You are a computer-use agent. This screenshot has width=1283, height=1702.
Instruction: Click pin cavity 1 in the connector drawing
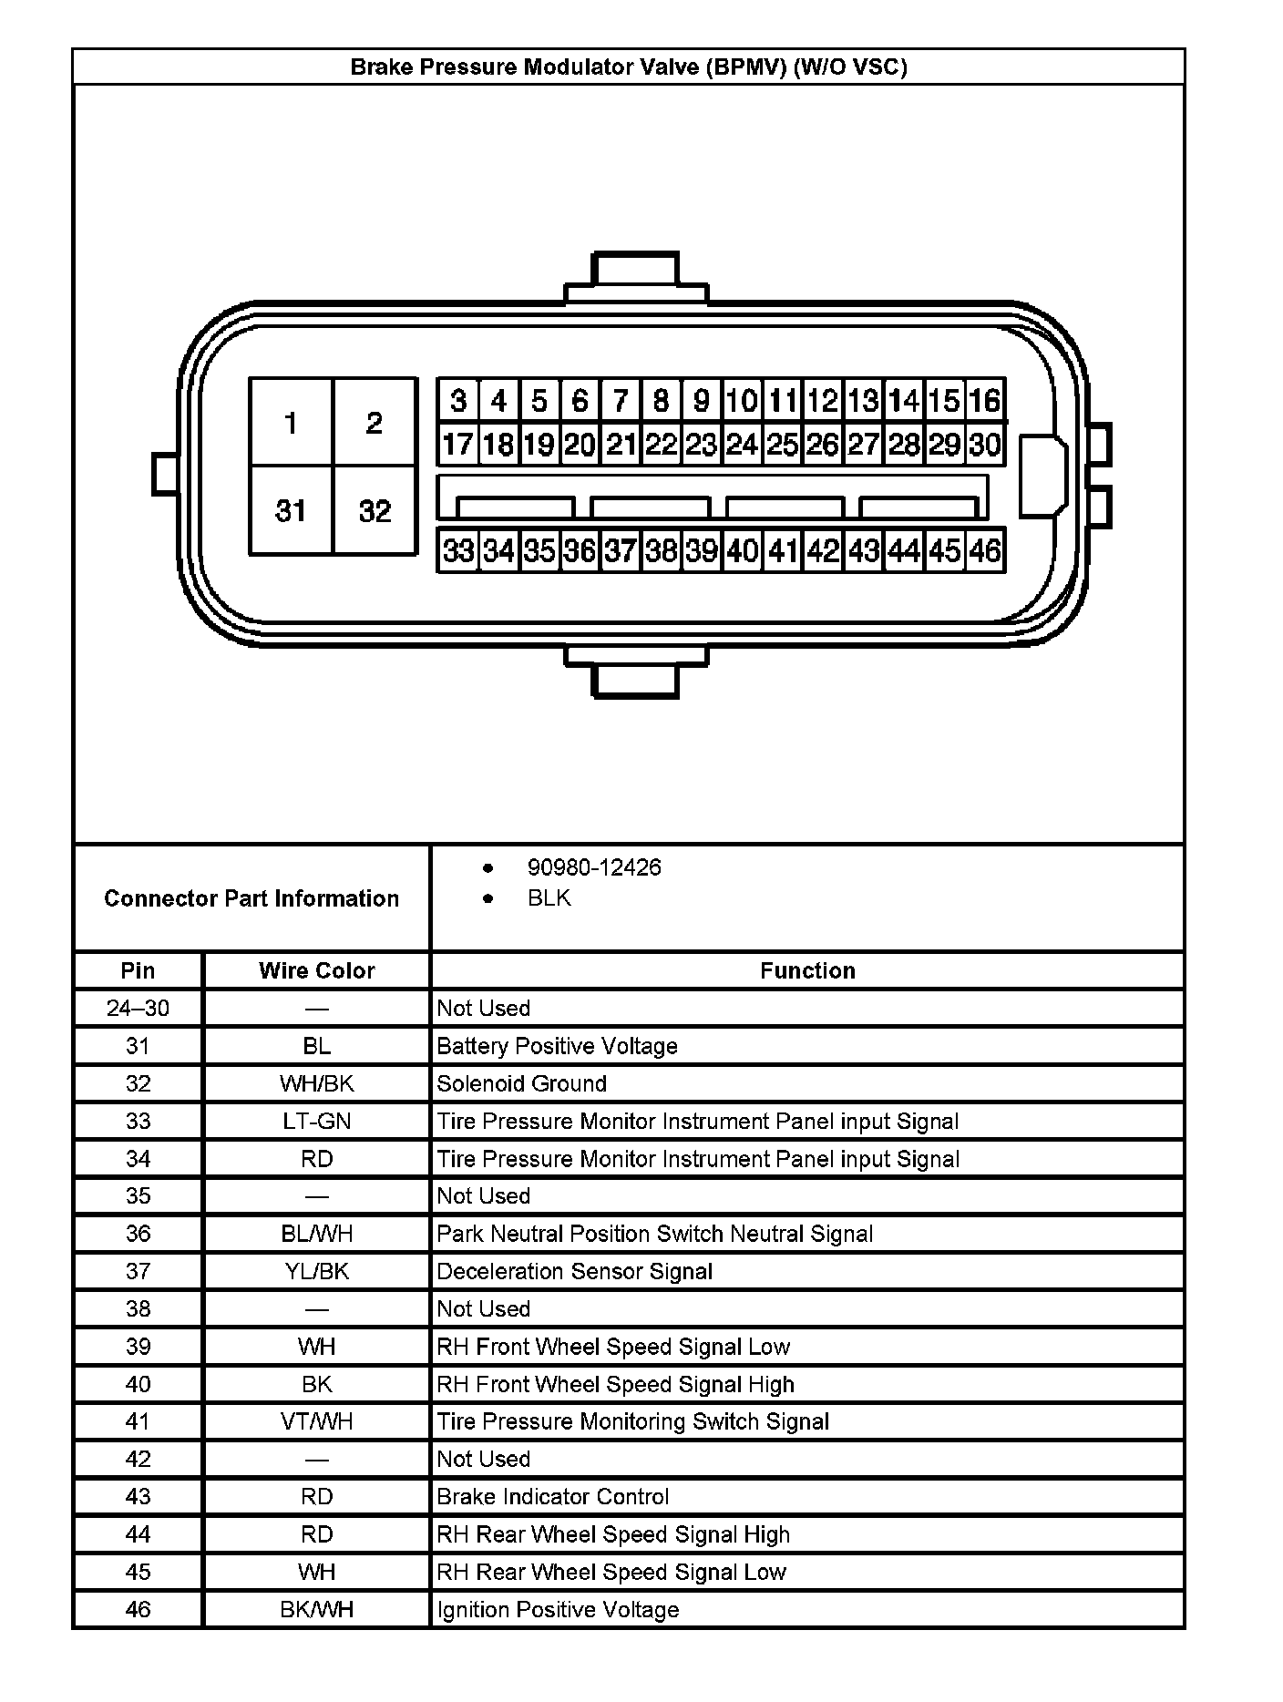coord(291,423)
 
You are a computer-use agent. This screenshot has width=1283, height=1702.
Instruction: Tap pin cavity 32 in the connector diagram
coord(375,510)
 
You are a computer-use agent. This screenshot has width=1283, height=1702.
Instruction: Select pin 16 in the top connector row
coord(985,400)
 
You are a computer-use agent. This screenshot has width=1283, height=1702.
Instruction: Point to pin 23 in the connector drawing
coord(701,445)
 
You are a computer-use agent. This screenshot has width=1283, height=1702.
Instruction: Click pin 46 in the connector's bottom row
coord(985,550)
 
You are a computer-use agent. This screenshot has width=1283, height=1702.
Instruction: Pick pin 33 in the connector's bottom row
coord(457,550)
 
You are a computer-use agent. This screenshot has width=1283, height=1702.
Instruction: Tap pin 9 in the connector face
coord(701,400)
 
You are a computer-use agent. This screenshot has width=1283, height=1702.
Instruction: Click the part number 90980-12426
coord(594,866)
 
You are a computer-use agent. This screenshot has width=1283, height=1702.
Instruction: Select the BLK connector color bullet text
coord(549,897)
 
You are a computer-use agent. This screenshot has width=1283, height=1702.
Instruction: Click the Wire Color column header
coord(316,970)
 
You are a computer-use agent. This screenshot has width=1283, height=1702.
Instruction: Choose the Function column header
coord(807,970)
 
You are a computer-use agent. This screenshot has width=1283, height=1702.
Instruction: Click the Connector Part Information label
coord(251,898)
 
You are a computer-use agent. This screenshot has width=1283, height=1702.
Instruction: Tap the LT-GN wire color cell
coord(316,1121)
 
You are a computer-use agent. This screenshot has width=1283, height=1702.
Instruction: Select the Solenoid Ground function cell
coord(521,1083)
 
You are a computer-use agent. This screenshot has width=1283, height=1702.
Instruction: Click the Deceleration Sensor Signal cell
coord(574,1271)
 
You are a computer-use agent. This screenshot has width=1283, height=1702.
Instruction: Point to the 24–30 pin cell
coord(138,1008)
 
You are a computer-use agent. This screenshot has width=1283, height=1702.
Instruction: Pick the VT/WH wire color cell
coord(316,1421)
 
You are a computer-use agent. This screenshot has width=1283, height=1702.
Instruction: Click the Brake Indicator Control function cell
coord(552,1497)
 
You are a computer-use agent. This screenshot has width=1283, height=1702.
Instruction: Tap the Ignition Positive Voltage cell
coord(558,1610)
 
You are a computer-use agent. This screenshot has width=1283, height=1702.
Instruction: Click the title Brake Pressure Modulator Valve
coord(629,67)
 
